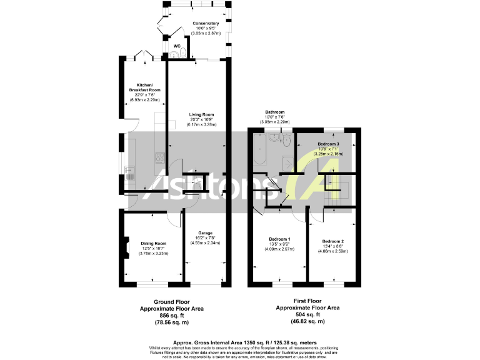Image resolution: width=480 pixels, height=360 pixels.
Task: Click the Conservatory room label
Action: click(x=206, y=23)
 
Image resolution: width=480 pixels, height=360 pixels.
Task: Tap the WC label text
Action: click(x=177, y=46)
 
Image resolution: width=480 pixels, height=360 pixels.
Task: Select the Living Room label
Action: click(x=202, y=114)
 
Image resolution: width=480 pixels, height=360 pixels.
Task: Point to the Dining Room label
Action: click(x=153, y=243)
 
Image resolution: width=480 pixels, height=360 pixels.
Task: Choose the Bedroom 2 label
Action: click(x=332, y=241)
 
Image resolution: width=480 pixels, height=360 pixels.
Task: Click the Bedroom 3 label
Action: click(x=328, y=144)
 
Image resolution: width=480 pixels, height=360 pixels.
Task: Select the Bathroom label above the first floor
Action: click(x=275, y=112)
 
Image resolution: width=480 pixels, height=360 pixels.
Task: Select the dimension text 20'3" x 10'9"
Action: click(x=202, y=120)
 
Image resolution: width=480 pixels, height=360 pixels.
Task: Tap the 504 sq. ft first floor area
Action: click(x=308, y=314)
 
